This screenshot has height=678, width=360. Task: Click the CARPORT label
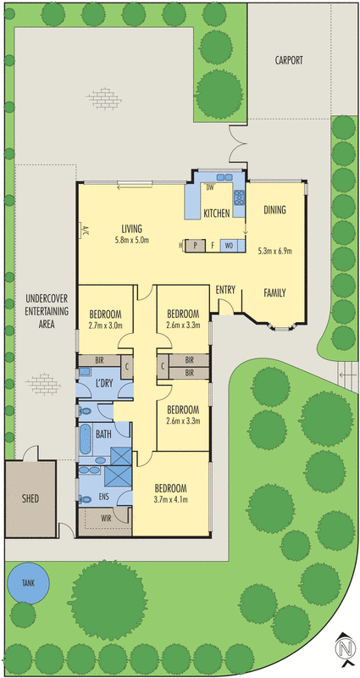(289, 61)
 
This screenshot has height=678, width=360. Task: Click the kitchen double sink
(226, 178)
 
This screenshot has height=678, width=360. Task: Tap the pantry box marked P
(195, 246)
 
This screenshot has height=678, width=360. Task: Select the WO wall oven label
(229, 246)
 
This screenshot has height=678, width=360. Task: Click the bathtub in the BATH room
(84, 439)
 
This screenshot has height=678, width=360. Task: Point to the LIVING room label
(131, 228)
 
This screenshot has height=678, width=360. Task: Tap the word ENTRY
(225, 290)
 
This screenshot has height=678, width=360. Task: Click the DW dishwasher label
(209, 187)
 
